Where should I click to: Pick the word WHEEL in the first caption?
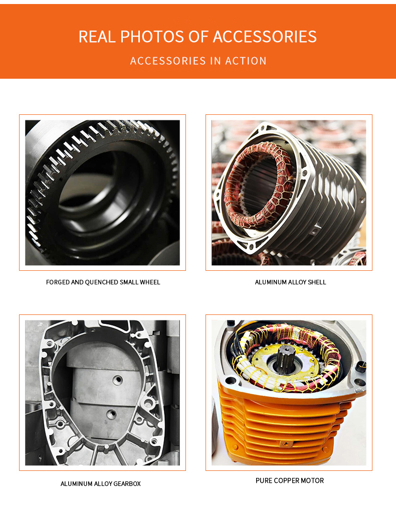(x=150, y=282)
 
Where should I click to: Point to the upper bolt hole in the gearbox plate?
(x=118, y=380)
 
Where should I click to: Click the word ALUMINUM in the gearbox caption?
(x=75, y=484)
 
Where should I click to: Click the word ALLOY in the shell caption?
(x=298, y=282)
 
